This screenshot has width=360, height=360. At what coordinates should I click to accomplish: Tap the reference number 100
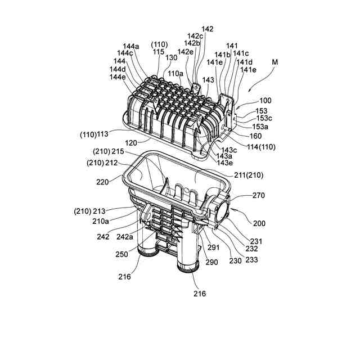[265, 101]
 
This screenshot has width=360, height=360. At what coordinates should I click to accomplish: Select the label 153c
[264, 118]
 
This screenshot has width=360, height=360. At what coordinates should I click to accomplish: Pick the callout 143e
[225, 163]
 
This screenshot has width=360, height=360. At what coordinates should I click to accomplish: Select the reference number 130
[171, 57]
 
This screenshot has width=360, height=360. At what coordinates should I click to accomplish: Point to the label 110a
[175, 74]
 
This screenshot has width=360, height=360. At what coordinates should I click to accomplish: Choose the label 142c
[195, 36]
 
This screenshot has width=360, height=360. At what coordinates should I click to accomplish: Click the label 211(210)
[249, 175]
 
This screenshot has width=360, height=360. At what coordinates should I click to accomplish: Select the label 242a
[125, 237]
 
